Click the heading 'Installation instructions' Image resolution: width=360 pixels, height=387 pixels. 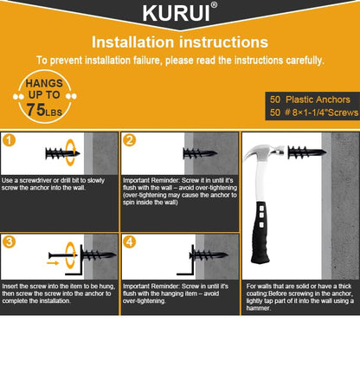click(179, 42)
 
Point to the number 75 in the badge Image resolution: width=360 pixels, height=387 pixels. click(37, 109)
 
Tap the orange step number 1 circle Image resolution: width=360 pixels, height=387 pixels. click(10, 139)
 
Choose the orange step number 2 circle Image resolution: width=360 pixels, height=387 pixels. click(129, 139)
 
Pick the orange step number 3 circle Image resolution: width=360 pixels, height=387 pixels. click(10, 242)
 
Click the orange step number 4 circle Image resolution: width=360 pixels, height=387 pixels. click(129, 242)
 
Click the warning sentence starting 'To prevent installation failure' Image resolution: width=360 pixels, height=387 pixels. click(180, 60)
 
